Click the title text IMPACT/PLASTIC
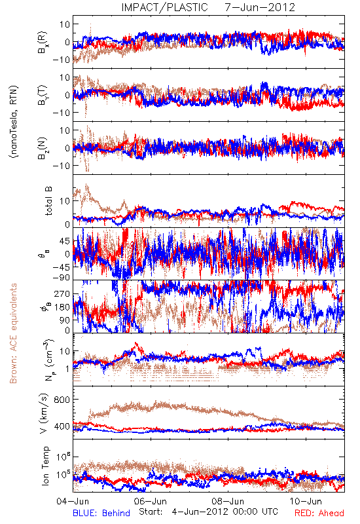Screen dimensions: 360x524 (x=164, y=7)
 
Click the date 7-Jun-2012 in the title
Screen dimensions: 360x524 (x=260, y=7)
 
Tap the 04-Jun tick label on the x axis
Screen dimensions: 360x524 (x=73, y=501)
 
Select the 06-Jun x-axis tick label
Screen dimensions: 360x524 (x=151, y=501)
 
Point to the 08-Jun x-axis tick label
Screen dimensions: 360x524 (x=228, y=501)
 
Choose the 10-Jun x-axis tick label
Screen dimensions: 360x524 (x=306, y=501)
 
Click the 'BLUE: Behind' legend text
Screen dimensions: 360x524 (x=101, y=513)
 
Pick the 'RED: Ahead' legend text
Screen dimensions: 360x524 (x=319, y=513)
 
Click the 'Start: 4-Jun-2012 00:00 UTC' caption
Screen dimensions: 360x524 (x=208, y=512)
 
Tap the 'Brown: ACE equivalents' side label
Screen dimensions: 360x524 (x=13, y=333)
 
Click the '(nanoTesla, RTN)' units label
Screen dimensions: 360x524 (x=14, y=122)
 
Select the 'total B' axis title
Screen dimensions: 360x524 (x=48, y=201)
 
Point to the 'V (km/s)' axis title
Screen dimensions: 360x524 (x=44, y=414)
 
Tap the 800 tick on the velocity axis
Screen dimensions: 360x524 (x=62, y=400)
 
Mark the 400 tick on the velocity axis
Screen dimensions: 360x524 (x=62, y=426)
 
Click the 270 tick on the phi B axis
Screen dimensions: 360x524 (x=62, y=293)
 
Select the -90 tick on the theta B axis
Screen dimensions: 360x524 (x=61, y=278)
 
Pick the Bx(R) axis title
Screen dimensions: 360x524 (x=43, y=42)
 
